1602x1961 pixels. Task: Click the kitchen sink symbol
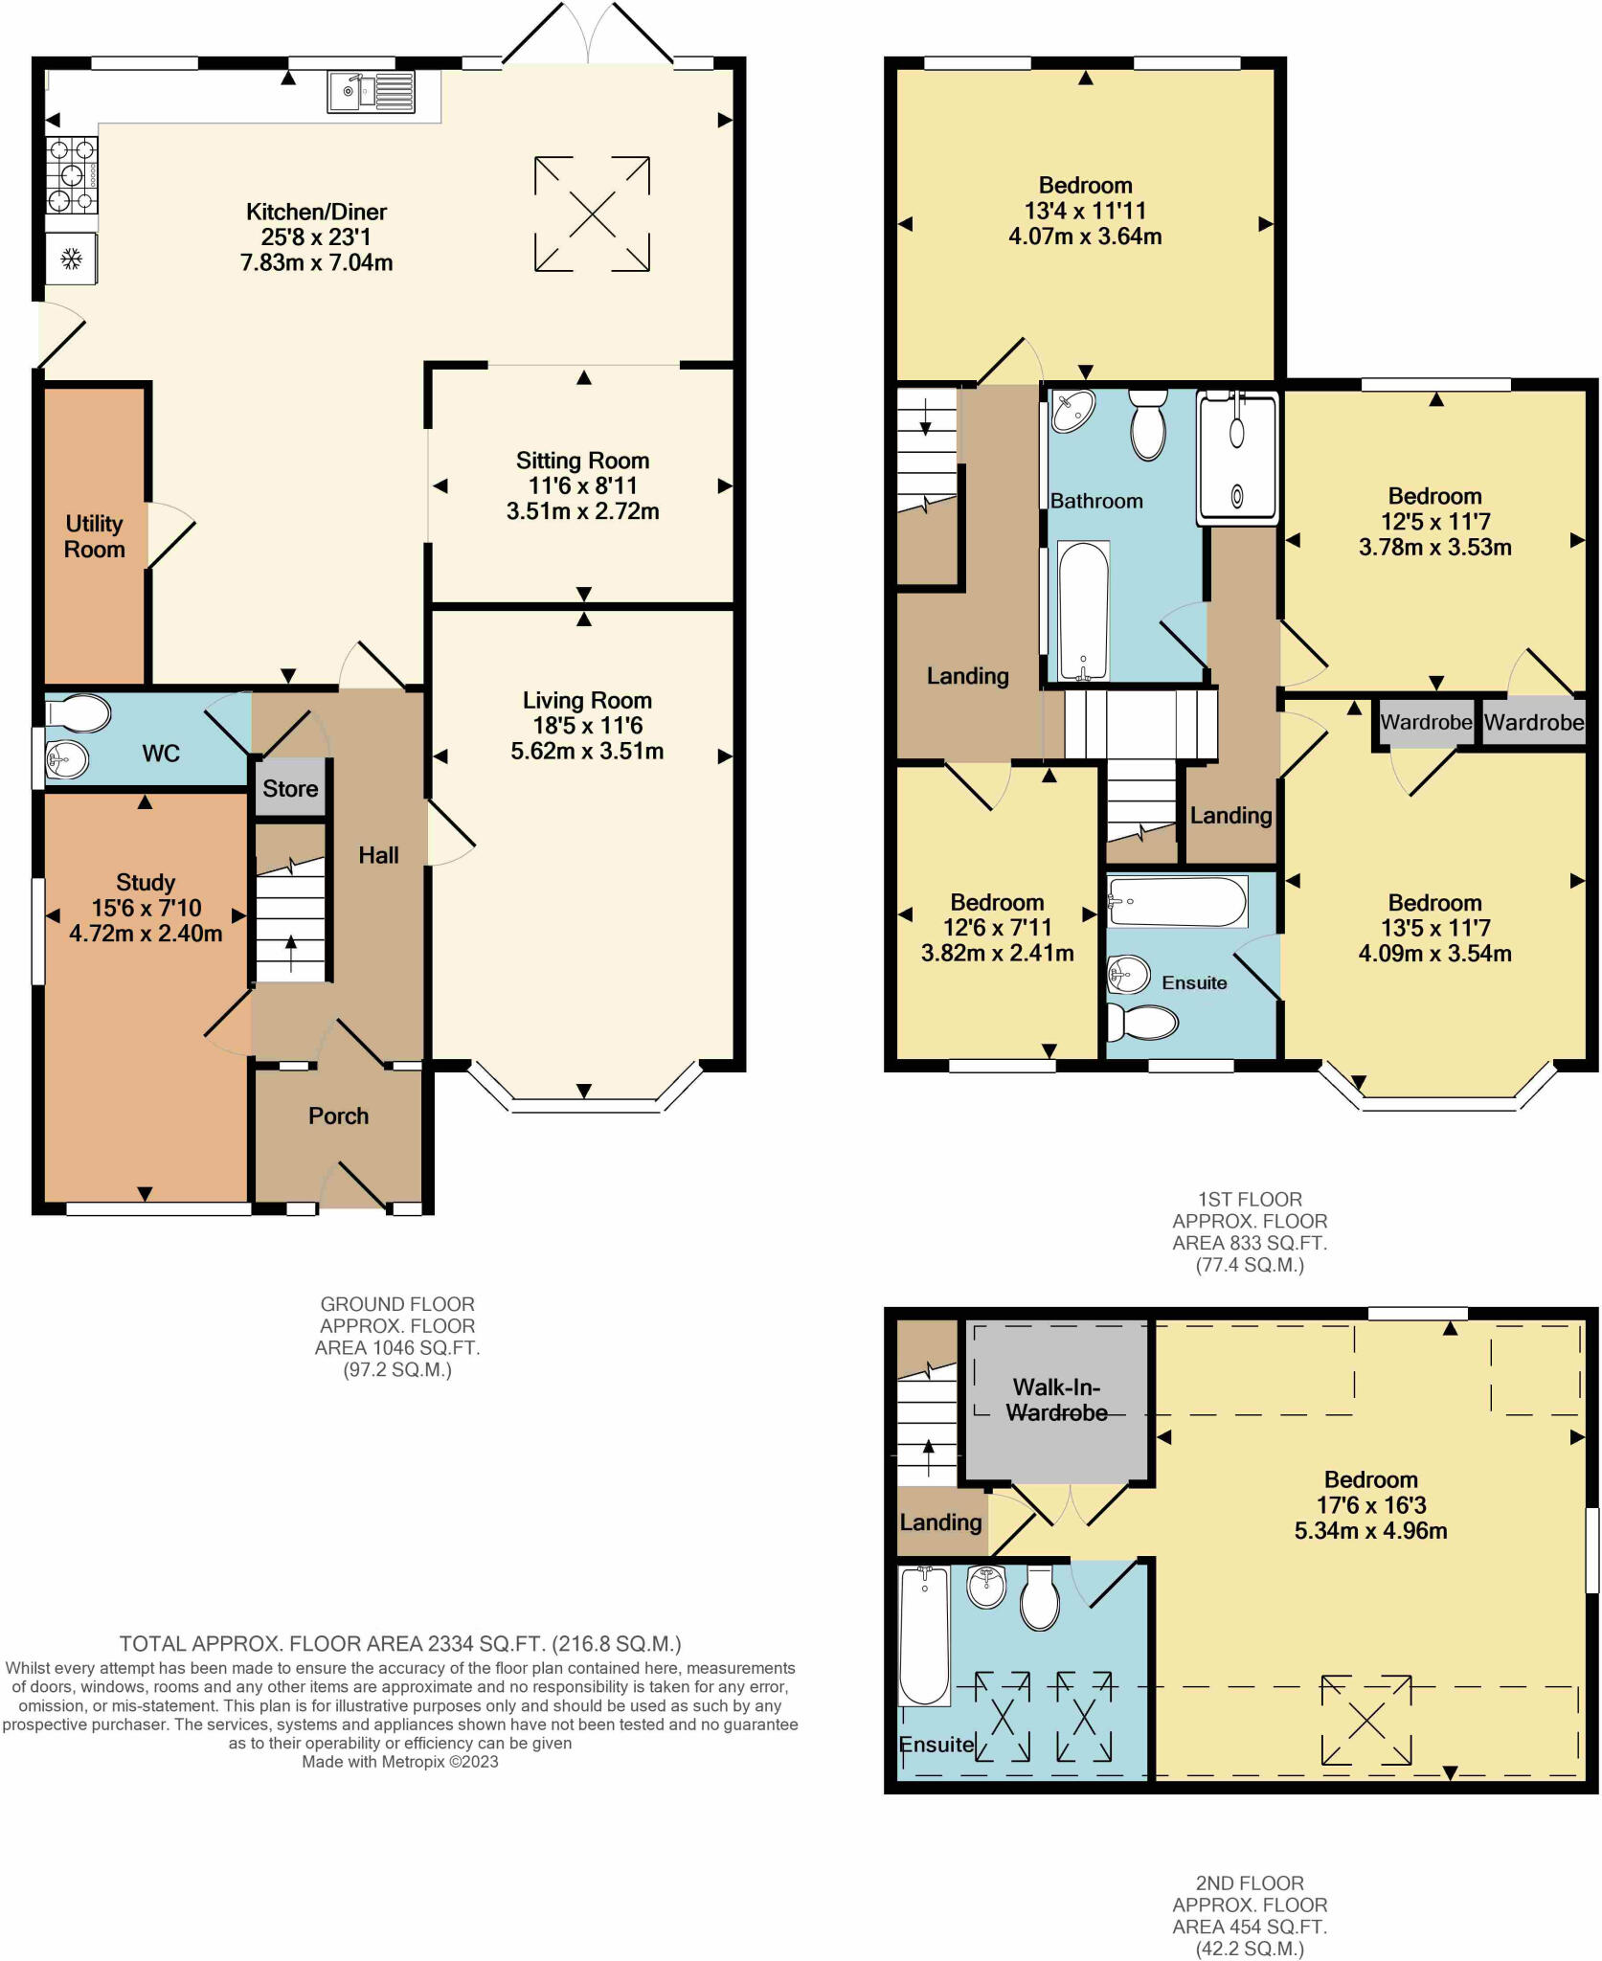pos(372,92)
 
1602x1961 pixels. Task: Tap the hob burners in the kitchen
pos(72,176)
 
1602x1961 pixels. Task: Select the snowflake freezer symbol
pos(71,259)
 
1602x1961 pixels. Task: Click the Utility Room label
pos(95,536)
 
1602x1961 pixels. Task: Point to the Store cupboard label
pos(290,788)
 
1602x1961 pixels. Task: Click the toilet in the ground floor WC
pos(78,713)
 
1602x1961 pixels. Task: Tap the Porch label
pos(338,1116)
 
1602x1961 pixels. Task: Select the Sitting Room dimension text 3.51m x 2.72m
pos(582,511)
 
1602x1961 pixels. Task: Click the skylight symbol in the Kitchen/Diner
pos(592,214)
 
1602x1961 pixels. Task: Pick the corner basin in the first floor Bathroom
pos(1073,411)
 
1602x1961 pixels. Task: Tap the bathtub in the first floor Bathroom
pos(1083,611)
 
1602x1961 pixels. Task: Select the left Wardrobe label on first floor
pos(1426,722)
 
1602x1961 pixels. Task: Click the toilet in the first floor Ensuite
pos(1141,1023)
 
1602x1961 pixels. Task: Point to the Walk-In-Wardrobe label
pos(1056,1400)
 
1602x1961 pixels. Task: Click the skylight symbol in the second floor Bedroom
pos(1365,1721)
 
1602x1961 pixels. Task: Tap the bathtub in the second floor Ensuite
pos(924,1635)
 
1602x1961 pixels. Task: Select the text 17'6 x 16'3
pos(1370,1505)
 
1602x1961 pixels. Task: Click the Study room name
pos(146,882)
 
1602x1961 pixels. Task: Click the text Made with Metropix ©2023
pos(400,1762)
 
